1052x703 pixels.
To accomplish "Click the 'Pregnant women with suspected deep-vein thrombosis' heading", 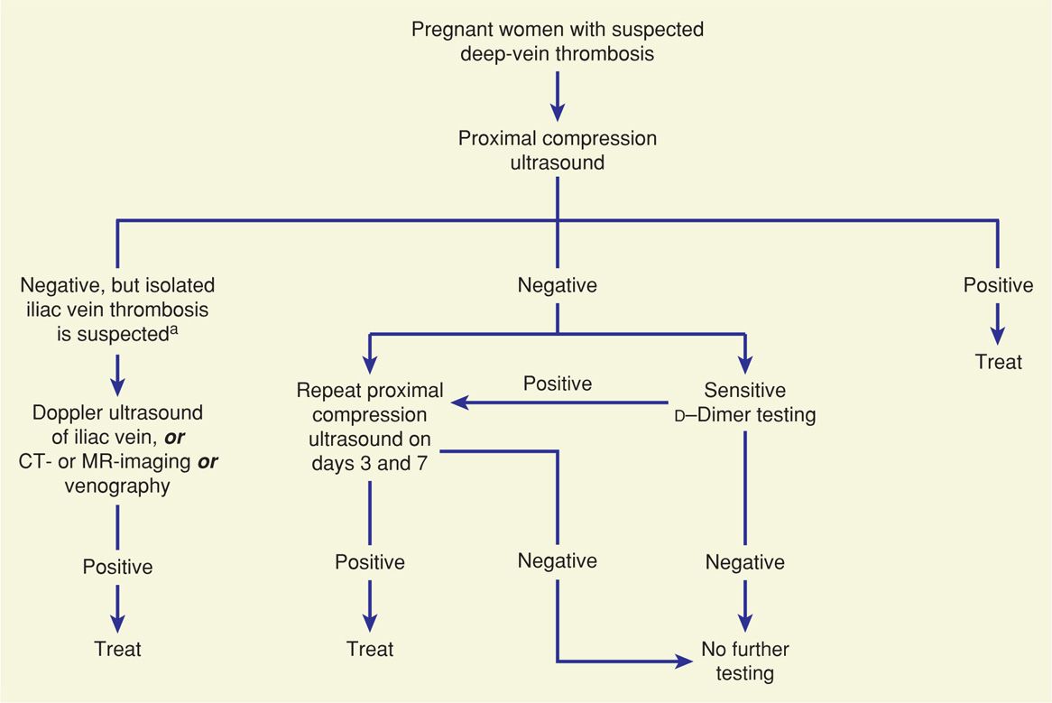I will click(558, 42).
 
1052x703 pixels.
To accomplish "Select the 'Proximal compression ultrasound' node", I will click(558, 151).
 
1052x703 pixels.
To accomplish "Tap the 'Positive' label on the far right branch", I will click(998, 285).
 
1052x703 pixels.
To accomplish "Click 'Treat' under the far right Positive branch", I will click(998, 362).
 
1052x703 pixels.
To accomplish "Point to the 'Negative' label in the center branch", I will click(558, 285).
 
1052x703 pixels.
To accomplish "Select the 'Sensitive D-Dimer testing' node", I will click(744, 403).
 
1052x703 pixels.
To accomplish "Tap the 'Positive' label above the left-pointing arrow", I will click(558, 384).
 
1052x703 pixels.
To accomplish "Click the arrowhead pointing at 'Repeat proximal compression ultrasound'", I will click(461, 403).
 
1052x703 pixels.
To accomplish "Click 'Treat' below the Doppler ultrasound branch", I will click(117, 648).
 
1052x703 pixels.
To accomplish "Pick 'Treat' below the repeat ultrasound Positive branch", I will click(370, 648).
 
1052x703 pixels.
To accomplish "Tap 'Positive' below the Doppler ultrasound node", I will click(117, 567).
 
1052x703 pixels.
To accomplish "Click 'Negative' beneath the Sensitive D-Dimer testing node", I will click(744, 561).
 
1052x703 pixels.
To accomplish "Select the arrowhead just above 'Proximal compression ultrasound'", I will click(558, 111).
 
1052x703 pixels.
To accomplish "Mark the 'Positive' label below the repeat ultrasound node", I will click(370, 561).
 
